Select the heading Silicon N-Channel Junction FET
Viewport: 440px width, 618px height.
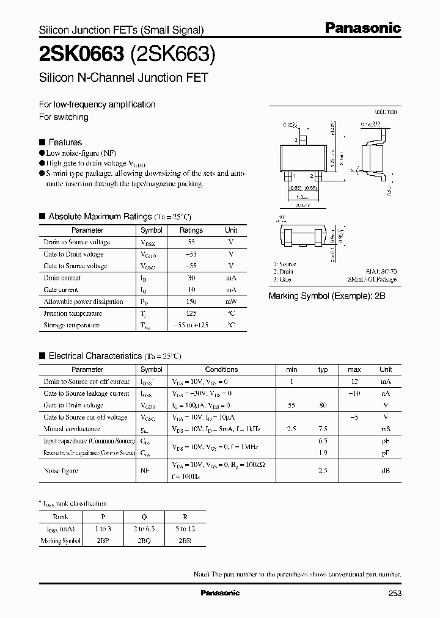coord(123,78)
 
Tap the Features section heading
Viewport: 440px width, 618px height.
coord(65,142)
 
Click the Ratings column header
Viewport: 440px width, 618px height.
coord(191,230)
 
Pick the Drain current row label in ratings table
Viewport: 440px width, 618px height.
coord(62,278)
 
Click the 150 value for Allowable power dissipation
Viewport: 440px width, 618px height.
coord(191,302)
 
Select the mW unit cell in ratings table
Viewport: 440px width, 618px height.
coord(230,302)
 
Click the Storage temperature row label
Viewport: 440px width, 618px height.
coord(71,325)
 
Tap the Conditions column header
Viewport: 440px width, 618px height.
coord(221,369)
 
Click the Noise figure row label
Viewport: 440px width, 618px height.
coord(61,471)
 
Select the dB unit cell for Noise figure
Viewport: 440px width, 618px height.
coord(386,471)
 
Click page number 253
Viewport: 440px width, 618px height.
coord(394,593)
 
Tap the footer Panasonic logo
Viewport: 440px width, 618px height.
coord(220,593)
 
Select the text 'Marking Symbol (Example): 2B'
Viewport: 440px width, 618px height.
coord(327,296)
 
